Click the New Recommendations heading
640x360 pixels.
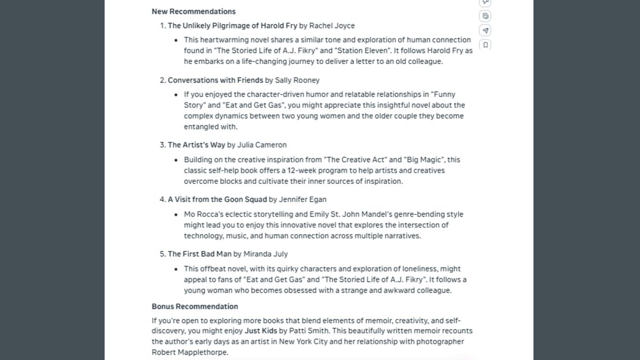click(194, 11)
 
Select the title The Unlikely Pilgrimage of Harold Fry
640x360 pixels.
click(233, 26)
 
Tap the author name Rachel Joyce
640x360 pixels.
click(332, 26)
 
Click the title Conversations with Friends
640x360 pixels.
click(215, 80)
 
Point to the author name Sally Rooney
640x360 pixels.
click(297, 80)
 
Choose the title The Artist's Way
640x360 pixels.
click(196, 145)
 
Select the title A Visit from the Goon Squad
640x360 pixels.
click(217, 199)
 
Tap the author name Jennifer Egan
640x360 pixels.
click(302, 199)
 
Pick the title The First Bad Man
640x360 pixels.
click(199, 254)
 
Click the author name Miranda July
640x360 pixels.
click(266, 254)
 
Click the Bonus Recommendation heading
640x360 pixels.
click(195, 307)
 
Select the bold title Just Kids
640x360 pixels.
click(260, 331)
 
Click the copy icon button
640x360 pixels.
click(485, 16)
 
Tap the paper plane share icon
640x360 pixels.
click(485, 30)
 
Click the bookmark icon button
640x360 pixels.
click(485, 45)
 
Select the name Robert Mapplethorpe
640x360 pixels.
click(190, 353)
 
